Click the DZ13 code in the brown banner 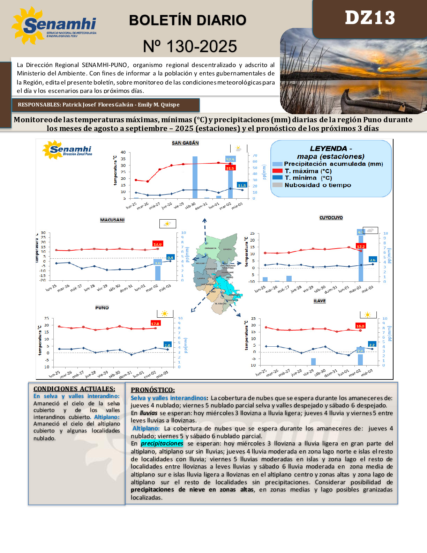click(x=370, y=18)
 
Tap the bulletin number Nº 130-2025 click(x=190, y=46)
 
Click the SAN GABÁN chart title click(x=185, y=143)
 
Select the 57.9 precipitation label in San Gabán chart click(x=230, y=160)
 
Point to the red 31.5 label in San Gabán click(x=230, y=168)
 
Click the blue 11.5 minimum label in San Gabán click(x=242, y=185)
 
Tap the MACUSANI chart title click(x=112, y=220)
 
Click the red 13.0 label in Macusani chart click(x=157, y=244)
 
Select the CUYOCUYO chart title click(x=331, y=217)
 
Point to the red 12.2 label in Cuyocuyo click(x=361, y=246)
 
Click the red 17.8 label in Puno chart click(x=155, y=323)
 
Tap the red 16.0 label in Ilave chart click(x=360, y=326)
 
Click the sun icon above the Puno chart click(x=165, y=314)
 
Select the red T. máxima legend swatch click(x=277, y=171)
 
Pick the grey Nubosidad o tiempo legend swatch click(x=277, y=185)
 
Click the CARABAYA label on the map click(x=210, y=248)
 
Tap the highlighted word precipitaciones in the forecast click(x=162, y=443)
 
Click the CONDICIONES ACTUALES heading click(x=74, y=389)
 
